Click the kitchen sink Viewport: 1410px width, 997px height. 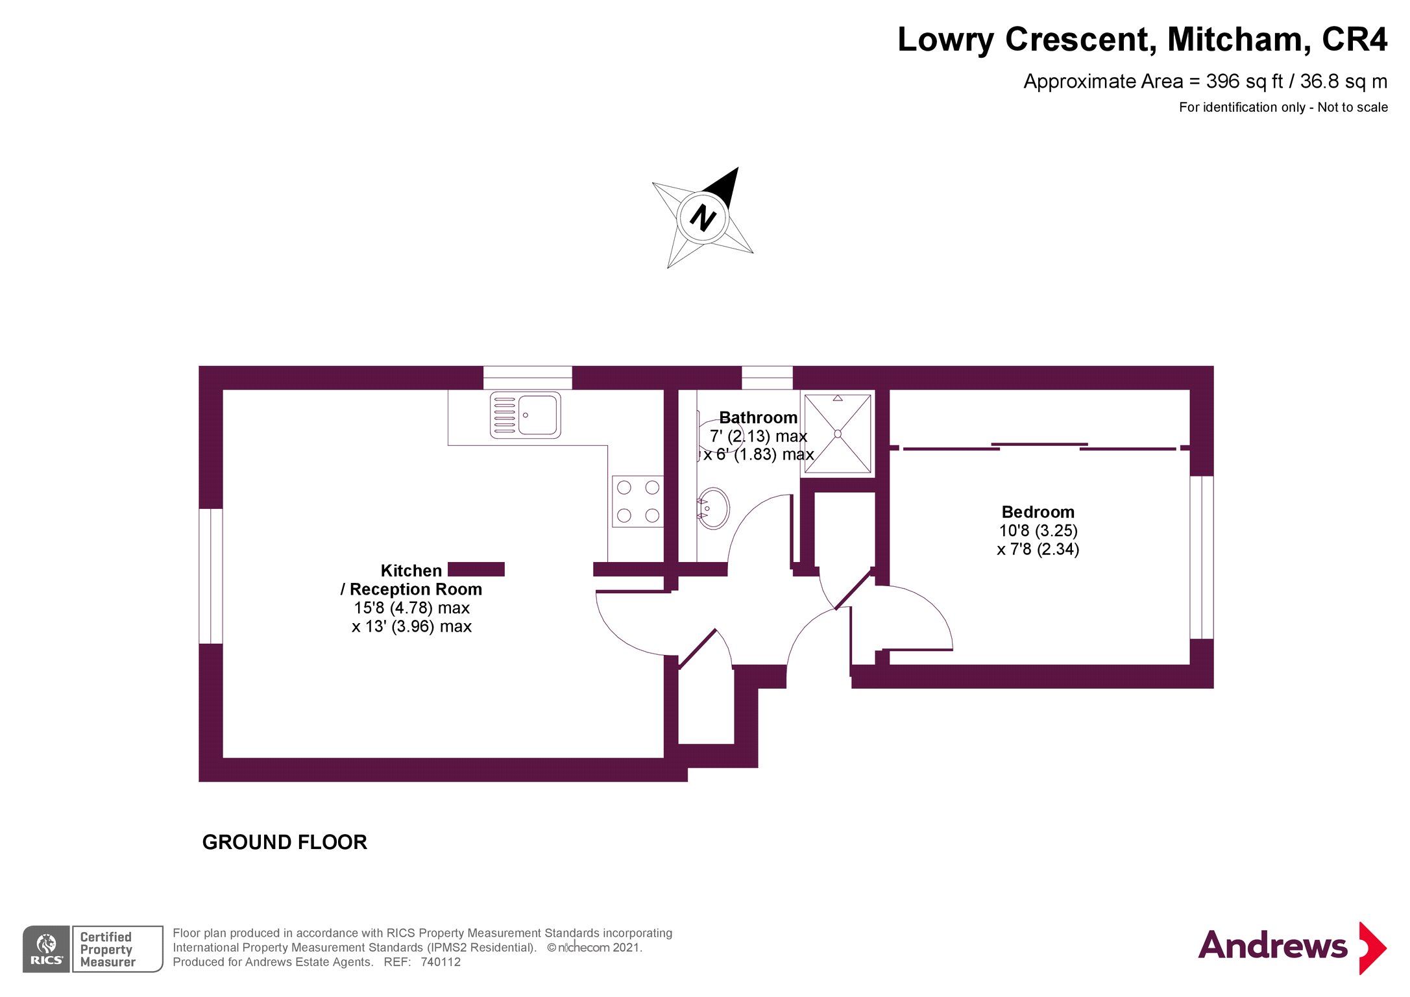(525, 415)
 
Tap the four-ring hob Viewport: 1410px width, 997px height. (638, 501)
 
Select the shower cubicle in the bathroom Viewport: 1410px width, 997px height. (837, 434)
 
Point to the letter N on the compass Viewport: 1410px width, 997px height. (703, 218)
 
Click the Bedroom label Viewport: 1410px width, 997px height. (1038, 512)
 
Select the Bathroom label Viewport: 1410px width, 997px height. (758, 417)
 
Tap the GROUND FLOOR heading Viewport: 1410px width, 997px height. (284, 842)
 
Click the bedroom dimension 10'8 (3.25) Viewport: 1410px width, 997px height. (1038, 531)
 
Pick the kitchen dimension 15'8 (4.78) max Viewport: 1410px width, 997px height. (411, 608)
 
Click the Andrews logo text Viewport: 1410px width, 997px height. (1272, 946)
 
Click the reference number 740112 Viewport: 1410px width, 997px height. (441, 962)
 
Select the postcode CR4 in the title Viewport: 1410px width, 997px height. (1354, 40)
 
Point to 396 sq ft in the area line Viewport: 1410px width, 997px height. (1244, 82)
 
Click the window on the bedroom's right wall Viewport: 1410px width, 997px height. (1201, 558)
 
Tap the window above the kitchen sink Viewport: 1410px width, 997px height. (528, 377)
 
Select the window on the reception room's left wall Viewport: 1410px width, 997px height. (211, 576)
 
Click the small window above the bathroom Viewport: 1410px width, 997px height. (766, 377)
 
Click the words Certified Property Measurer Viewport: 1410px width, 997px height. (107, 949)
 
